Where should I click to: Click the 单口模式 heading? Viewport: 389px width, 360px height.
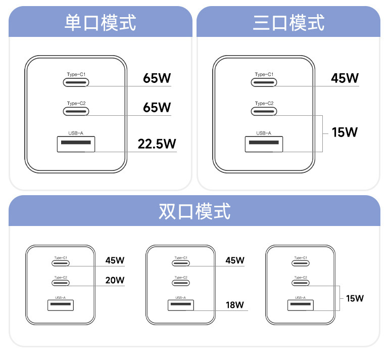[x=100, y=23]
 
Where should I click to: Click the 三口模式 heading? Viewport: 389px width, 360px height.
[x=288, y=23]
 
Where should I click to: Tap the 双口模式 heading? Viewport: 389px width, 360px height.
[x=194, y=211]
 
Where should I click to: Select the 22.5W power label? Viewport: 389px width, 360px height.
[x=157, y=144]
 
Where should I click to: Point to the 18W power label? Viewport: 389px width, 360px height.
[x=235, y=304]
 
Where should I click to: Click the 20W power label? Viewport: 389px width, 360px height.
[x=115, y=280]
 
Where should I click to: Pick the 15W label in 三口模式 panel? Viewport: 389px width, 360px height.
[x=345, y=132]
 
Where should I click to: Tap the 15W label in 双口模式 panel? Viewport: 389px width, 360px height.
[x=355, y=298]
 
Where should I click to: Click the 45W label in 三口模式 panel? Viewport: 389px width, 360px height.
[x=345, y=78]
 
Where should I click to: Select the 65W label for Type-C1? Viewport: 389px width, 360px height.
[x=157, y=78]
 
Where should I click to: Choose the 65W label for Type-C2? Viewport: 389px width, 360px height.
[x=157, y=107]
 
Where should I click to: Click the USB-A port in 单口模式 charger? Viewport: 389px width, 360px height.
[x=76, y=144]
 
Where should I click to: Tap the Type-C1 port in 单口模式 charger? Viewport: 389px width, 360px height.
[x=76, y=82]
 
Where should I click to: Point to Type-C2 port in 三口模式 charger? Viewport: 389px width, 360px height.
[x=264, y=111]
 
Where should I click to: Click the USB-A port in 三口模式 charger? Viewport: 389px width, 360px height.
[x=264, y=144]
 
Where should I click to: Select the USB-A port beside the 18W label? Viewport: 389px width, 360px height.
[x=181, y=305]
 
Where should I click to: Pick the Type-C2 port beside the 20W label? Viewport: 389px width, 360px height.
[x=61, y=283]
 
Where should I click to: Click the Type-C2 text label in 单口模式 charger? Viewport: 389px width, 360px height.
[x=76, y=103]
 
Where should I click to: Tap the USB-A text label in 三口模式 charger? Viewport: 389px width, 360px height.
[x=264, y=133]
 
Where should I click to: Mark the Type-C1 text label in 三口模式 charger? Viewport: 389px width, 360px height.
[x=264, y=74]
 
